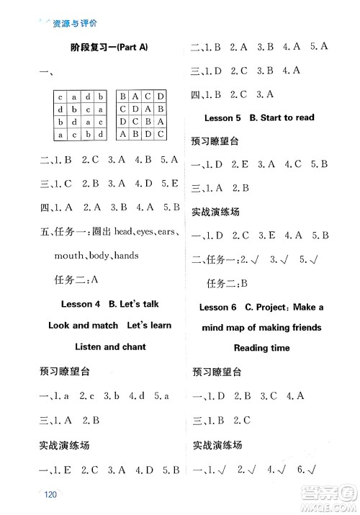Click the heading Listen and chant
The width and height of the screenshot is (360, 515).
tap(104, 346)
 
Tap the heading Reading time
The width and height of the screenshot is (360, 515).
tap(261, 348)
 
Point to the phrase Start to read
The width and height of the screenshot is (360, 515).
tap(287, 117)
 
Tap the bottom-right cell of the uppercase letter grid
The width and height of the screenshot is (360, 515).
tap(161, 134)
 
